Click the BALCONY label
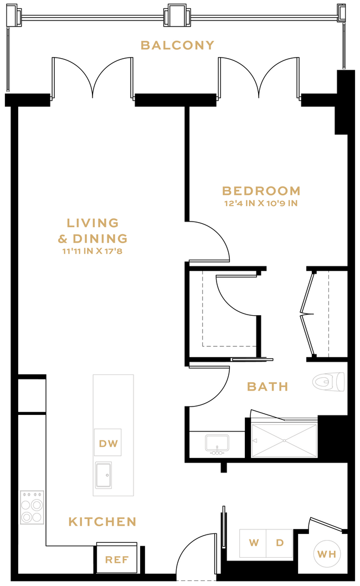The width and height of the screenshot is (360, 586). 177,45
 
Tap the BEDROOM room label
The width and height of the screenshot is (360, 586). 261,191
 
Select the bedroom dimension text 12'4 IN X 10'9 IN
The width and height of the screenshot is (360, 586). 261,203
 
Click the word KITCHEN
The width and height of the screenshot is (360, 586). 102,522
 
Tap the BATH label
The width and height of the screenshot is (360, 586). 268,387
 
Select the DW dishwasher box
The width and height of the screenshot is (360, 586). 107,443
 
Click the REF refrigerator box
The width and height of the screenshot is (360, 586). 117,559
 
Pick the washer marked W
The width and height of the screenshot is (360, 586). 253,543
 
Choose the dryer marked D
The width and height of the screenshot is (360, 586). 280,543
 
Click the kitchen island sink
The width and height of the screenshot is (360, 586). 103,474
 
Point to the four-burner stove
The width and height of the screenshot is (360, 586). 32,507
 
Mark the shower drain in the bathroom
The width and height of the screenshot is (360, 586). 284,441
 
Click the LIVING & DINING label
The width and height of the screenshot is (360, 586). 93,230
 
